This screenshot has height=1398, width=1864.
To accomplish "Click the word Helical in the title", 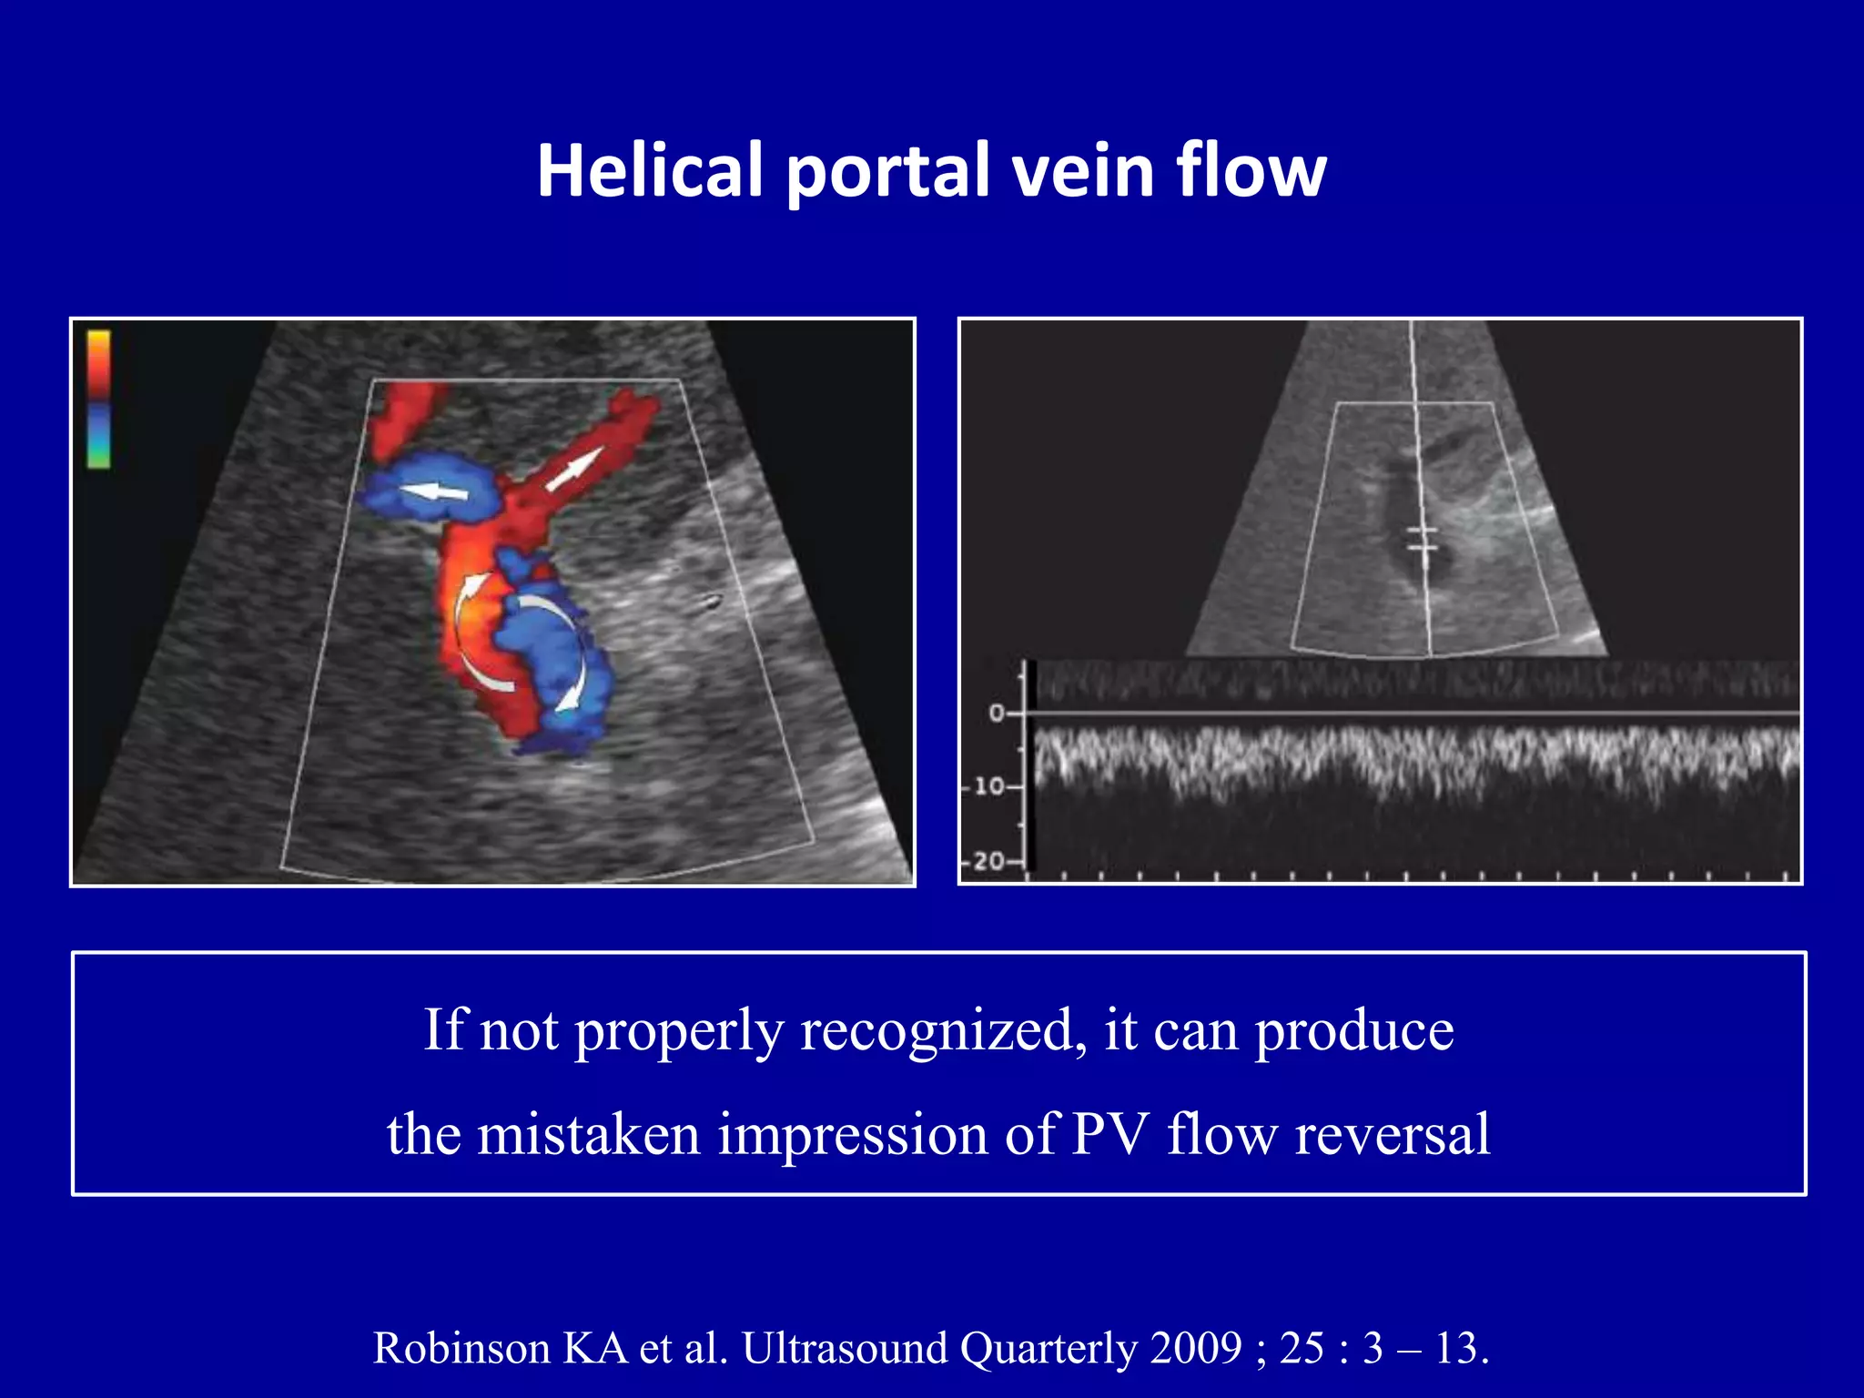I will (649, 170).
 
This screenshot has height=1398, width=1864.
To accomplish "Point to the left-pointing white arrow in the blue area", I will (435, 492).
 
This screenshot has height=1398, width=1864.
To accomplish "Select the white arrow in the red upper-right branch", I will (574, 468).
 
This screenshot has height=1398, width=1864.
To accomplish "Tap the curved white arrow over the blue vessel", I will (564, 646).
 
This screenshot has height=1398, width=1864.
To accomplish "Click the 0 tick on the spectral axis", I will (997, 714).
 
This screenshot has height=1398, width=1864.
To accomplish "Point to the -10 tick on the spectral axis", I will (989, 785).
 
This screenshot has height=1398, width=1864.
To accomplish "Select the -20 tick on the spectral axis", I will (989, 860).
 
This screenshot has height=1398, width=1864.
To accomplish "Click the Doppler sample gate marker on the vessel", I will (1421, 539).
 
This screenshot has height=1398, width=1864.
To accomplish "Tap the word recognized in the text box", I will (943, 1031).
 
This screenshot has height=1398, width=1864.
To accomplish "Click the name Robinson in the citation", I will (462, 1348).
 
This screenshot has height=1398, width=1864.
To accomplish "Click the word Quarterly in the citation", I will (1048, 1348).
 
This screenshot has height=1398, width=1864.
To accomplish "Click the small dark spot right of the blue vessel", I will (711, 600).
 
